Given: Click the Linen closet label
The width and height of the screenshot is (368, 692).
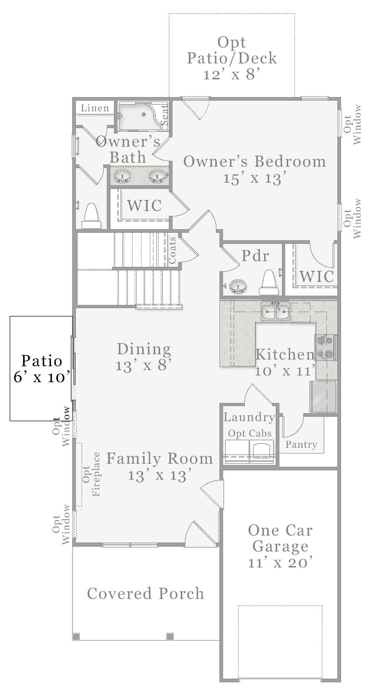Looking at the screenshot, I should coord(95,108).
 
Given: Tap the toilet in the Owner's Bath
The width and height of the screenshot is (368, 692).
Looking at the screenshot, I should coord(91,216).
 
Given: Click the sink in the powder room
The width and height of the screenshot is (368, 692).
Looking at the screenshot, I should coord(238,287).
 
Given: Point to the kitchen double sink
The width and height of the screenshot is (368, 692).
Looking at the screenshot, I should coord(275,312).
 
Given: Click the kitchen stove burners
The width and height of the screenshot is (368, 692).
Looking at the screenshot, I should coord(326,348).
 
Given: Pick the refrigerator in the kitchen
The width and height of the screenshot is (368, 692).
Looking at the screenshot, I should coord(323,397).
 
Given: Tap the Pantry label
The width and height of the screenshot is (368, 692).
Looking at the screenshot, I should coord(301,444).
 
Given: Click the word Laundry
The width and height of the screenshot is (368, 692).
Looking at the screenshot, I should coord(249,417).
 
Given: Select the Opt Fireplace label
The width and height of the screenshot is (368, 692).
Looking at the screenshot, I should coord(91,474).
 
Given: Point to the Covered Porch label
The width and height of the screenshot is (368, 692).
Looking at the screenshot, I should coord(145,593).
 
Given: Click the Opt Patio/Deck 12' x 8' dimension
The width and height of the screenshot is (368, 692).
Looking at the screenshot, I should coord(231,75).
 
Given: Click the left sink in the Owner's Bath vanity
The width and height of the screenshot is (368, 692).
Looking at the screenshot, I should coord(121,176).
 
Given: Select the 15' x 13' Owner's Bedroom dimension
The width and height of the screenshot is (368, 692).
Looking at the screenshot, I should coord(254,178).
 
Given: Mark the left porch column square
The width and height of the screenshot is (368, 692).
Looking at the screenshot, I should coord(76,637).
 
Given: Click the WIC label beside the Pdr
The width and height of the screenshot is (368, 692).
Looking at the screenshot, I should coord(317,277).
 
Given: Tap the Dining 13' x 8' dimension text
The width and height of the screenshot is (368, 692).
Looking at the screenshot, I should coord(143,365).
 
